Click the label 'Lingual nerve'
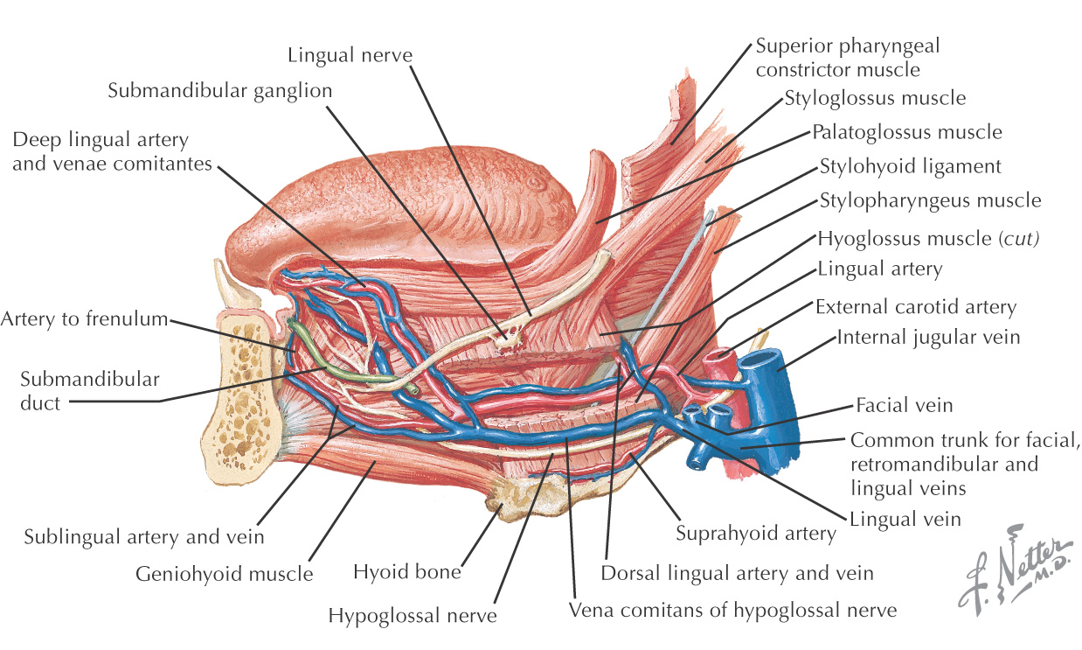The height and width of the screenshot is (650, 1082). [350, 55]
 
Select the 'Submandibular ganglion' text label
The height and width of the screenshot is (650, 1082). [220, 90]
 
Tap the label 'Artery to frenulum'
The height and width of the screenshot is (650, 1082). [84, 319]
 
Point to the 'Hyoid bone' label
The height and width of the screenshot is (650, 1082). [406, 573]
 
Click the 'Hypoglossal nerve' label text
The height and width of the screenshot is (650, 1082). [413, 615]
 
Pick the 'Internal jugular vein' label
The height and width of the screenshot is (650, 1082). [928, 337]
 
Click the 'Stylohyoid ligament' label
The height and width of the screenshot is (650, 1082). [910, 165]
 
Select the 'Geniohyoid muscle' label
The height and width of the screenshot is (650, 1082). [224, 574]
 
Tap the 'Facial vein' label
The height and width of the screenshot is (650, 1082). [904, 405]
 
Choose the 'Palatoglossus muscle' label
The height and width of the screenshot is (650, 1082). [906, 132]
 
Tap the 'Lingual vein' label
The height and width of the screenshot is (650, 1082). [905, 519]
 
